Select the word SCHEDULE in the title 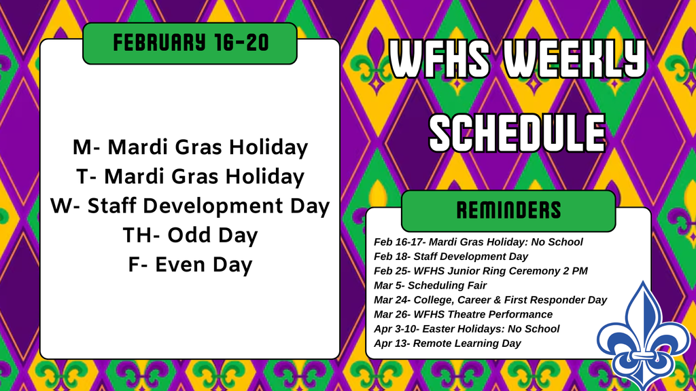pos(517,132)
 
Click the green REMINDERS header pos(508,210)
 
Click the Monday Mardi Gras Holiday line pos(190,147)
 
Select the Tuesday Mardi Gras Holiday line pos(190,176)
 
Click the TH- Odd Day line pos(190,235)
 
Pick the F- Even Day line pos(190,264)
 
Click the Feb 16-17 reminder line pos(478,242)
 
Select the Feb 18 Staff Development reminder pos(451,257)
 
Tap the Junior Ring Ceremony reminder pos(481,271)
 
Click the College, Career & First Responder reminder pos(490,299)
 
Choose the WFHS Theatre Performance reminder pos(463,314)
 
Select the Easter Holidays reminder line pos(466,329)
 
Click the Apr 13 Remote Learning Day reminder pos(447,343)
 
